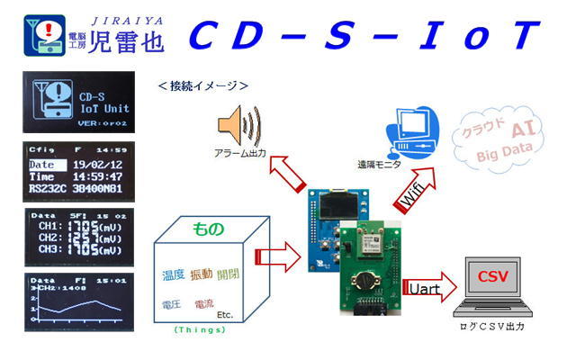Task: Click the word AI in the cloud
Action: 519,131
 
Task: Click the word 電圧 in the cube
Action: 170,303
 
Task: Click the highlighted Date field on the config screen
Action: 42,165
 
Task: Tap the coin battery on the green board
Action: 366,277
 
